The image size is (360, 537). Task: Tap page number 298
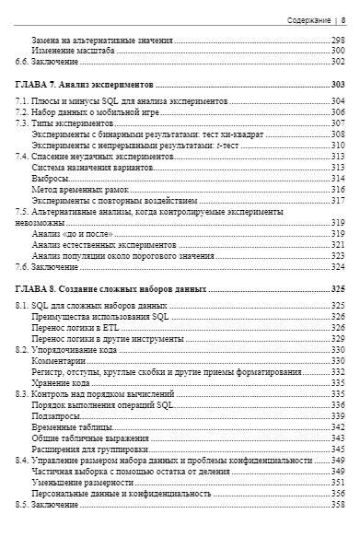pos(338,41)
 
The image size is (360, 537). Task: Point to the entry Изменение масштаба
pos(73,51)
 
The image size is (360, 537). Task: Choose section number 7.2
pos(25,111)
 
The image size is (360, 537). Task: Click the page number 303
pos(338,84)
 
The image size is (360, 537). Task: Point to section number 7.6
pos(25,266)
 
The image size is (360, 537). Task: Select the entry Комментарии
pos(58,360)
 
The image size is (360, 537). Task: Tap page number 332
pos(338,371)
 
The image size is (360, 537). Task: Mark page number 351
pos(338,482)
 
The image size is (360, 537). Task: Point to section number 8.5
pos(25,504)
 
